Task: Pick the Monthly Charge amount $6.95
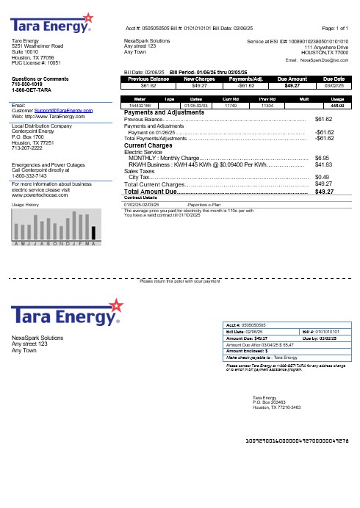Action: [x=320, y=157]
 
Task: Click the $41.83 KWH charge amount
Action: [x=322, y=164]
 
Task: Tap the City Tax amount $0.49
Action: [x=320, y=177]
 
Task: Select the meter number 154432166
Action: [x=140, y=106]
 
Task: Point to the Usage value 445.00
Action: [x=338, y=106]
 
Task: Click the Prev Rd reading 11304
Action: [x=256, y=106]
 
